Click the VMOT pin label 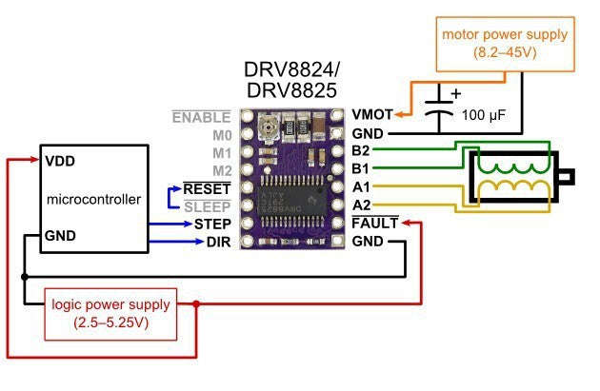(372, 116)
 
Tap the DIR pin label (217, 243)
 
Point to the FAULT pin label (374, 225)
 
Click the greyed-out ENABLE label (201, 116)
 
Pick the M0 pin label (220, 134)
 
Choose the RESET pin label (208, 188)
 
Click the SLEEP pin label (208, 206)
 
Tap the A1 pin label (361, 188)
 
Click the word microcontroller (93, 199)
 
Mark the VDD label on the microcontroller (60, 162)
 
